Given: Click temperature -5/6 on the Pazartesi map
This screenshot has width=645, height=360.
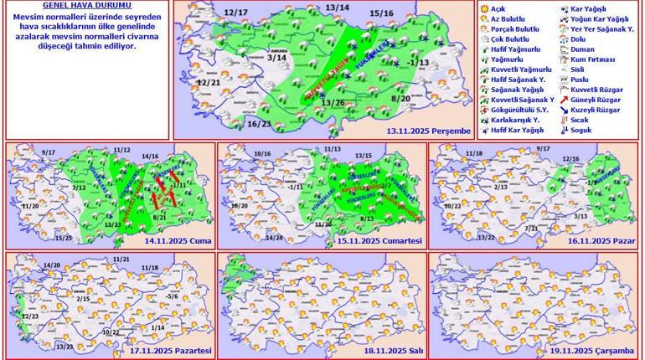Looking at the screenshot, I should pos(172,296).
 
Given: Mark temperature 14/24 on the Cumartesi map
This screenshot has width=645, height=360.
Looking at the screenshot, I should pos(272,238).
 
